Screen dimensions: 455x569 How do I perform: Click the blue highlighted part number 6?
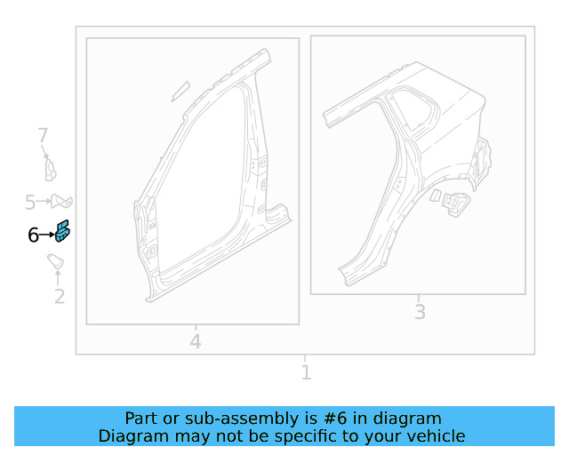click(x=63, y=232)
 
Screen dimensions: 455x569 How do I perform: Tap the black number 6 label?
click(x=33, y=235)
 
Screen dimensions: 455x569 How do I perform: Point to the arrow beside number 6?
click(x=47, y=235)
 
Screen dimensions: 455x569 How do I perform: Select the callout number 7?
click(x=42, y=136)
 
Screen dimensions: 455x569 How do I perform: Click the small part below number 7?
click(x=51, y=169)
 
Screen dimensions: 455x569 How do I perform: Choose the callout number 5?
click(x=29, y=202)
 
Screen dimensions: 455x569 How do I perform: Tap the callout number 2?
click(x=60, y=297)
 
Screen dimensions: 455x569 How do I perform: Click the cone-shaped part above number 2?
click(x=56, y=261)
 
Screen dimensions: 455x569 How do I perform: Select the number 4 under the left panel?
click(x=196, y=341)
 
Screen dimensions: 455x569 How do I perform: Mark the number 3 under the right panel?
click(x=420, y=312)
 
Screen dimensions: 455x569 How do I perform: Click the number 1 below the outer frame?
click(x=306, y=372)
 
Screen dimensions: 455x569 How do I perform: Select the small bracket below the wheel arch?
click(x=454, y=203)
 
